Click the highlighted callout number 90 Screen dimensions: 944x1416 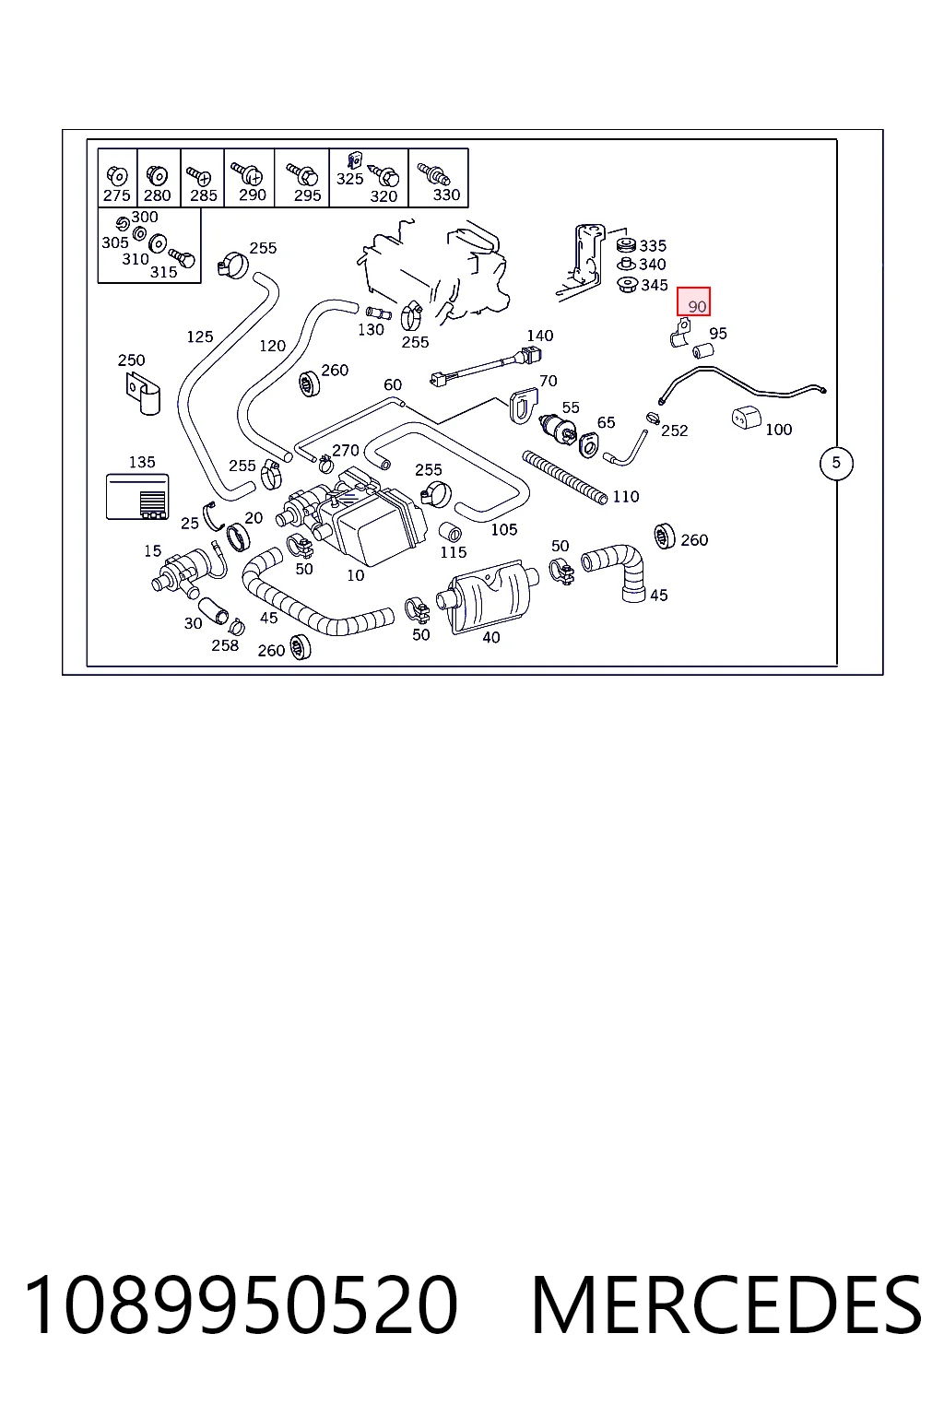[x=696, y=307]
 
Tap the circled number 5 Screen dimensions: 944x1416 [x=836, y=463]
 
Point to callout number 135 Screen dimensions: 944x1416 [x=142, y=462]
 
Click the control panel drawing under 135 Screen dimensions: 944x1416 [x=137, y=497]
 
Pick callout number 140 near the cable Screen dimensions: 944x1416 [x=540, y=336]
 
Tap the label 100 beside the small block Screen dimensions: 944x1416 [x=778, y=430]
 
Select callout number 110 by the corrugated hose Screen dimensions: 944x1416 [x=625, y=497]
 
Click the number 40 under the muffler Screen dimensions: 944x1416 [x=491, y=638]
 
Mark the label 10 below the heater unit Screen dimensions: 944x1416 [x=355, y=575]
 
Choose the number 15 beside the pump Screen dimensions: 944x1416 [x=152, y=551]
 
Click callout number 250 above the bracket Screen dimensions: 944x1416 [x=131, y=360]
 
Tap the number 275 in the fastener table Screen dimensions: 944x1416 [x=116, y=196]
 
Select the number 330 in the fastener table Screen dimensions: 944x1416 [x=446, y=195]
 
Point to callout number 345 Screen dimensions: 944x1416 [x=654, y=286]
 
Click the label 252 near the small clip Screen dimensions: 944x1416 [x=674, y=431]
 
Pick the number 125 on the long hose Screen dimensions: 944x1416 [x=200, y=336]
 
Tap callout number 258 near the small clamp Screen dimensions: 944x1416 [x=225, y=645]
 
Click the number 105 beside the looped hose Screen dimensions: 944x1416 [x=504, y=530]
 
